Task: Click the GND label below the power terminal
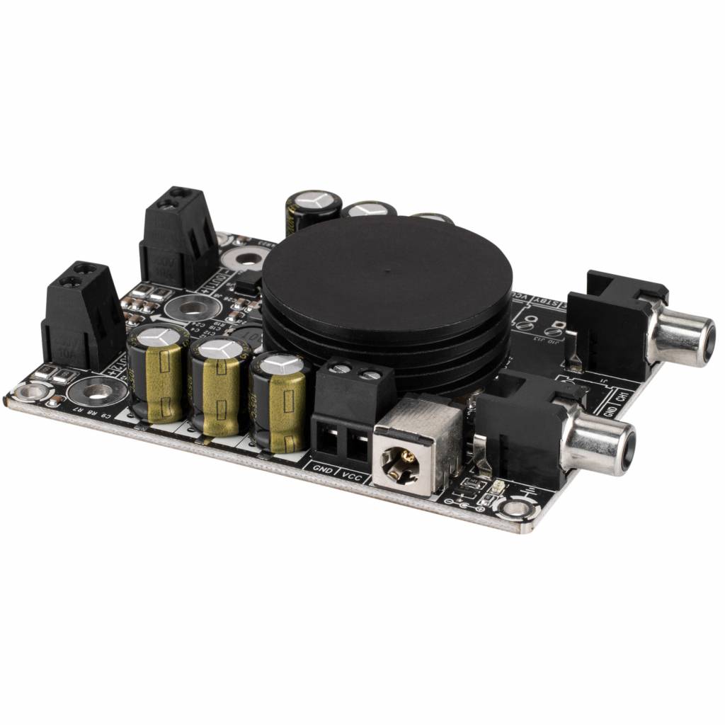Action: (x=324, y=468)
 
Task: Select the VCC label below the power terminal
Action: (x=353, y=476)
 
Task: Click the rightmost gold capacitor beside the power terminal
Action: (x=280, y=401)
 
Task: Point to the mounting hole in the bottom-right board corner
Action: (x=515, y=508)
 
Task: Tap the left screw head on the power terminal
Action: (x=341, y=367)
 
